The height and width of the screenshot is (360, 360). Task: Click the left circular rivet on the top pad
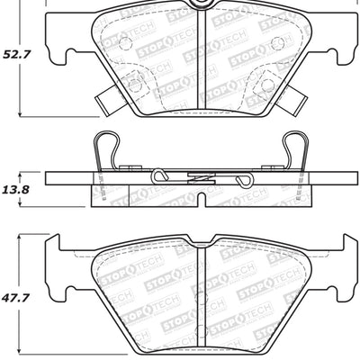(x=135, y=85)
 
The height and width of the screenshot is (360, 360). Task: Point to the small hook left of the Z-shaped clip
(x=161, y=175)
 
